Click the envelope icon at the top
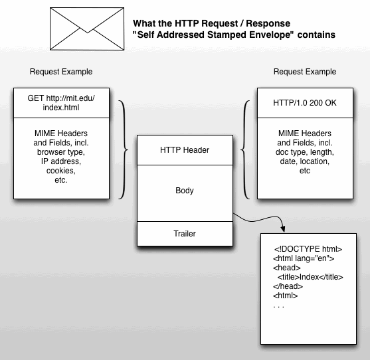coord(87,29)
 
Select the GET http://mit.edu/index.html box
coord(61,103)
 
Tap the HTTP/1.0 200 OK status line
coord(305,103)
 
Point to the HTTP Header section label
coord(185,150)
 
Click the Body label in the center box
coord(185,191)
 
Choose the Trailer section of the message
coord(185,234)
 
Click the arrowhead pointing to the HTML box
coord(283,229)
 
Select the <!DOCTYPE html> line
coord(308,249)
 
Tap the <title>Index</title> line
coord(310,277)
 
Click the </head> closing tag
coord(288,286)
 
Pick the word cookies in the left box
coord(61,171)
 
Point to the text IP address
coord(61,161)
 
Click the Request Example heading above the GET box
coord(61,72)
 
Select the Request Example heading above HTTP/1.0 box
coord(305,72)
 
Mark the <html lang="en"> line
coord(304,258)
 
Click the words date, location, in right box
coord(305,161)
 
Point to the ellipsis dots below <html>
coord(278,307)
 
